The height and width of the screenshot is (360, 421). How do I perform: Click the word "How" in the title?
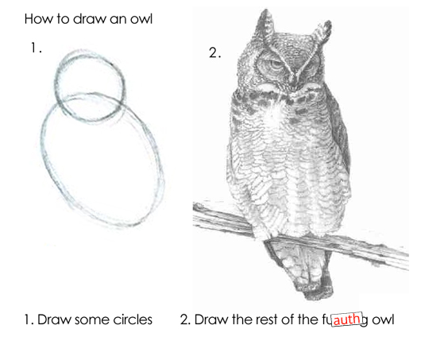click(39, 17)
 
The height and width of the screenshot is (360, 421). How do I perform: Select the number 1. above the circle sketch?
click(36, 48)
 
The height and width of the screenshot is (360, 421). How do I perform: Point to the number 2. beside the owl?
click(214, 53)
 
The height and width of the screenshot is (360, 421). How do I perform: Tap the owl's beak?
click(289, 81)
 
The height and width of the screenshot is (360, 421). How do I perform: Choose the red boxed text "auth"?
click(346, 320)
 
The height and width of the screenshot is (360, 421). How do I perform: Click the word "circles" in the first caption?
click(130, 320)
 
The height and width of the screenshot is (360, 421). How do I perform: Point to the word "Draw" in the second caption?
click(210, 320)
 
